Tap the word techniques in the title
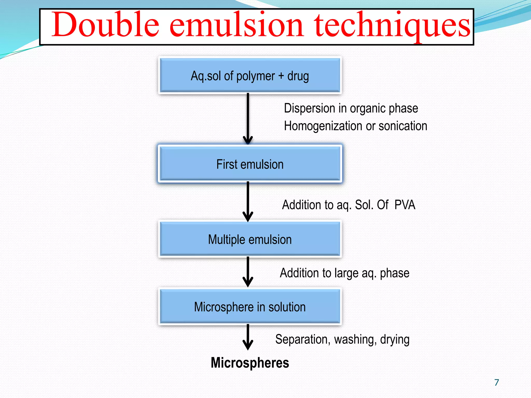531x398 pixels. (x=392, y=26)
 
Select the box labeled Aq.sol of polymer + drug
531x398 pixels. (x=250, y=75)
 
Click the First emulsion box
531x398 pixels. (x=250, y=164)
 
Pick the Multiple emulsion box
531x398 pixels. (x=250, y=239)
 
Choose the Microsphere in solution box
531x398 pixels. (x=250, y=307)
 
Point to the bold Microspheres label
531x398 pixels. (x=250, y=363)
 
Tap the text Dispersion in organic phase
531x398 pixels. (x=351, y=108)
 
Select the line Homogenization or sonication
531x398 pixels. (x=355, y=126)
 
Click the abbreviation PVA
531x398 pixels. (x=405, y=205)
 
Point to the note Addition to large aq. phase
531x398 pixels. (x=345, y=273)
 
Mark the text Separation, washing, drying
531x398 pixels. (x=342, y=339)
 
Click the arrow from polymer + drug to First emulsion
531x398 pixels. (x=248, y=118)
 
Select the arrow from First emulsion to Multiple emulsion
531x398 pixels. (x=248, y=201)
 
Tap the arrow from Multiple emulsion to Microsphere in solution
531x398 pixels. (x=248, y=271)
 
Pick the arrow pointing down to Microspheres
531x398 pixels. (x=248, y=337)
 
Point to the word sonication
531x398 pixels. (x=403, y=126)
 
